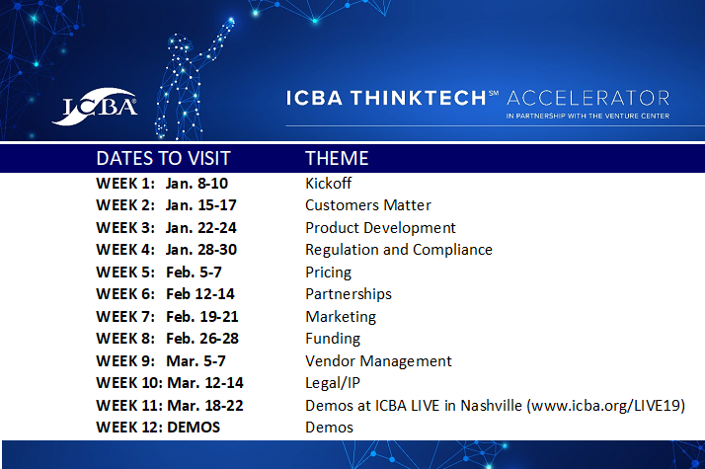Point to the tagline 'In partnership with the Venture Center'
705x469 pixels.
pyautogui.click(x=587, y=116)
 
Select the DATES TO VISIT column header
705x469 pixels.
pyautogui.click(x=163, y=159)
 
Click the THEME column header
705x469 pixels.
pyautogui.click(x=337, y=159)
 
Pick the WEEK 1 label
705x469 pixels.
pyautogui.click(x=125, y=184)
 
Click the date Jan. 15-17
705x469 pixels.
pyautogui.click(x=201, y=205)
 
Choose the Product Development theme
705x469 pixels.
pyautogui.click(x=380, y=228)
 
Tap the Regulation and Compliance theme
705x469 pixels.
pyautogui.click(x=398, y=250)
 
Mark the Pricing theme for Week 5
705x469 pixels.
pyautogui.click(x=328, y=273)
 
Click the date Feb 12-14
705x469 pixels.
pyautogui.click(x=199, y=294)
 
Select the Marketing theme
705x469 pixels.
pyautogui.click(x=341, y=317)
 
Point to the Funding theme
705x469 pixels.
pyautogui.click(x=333, y=339)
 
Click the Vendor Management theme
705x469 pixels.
pyautogui.click(x=378, y=361)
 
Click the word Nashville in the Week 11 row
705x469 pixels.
pyautogui.click(x=493, y=406)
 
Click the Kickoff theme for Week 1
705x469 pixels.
pyautogui.click(x=328, y=184)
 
